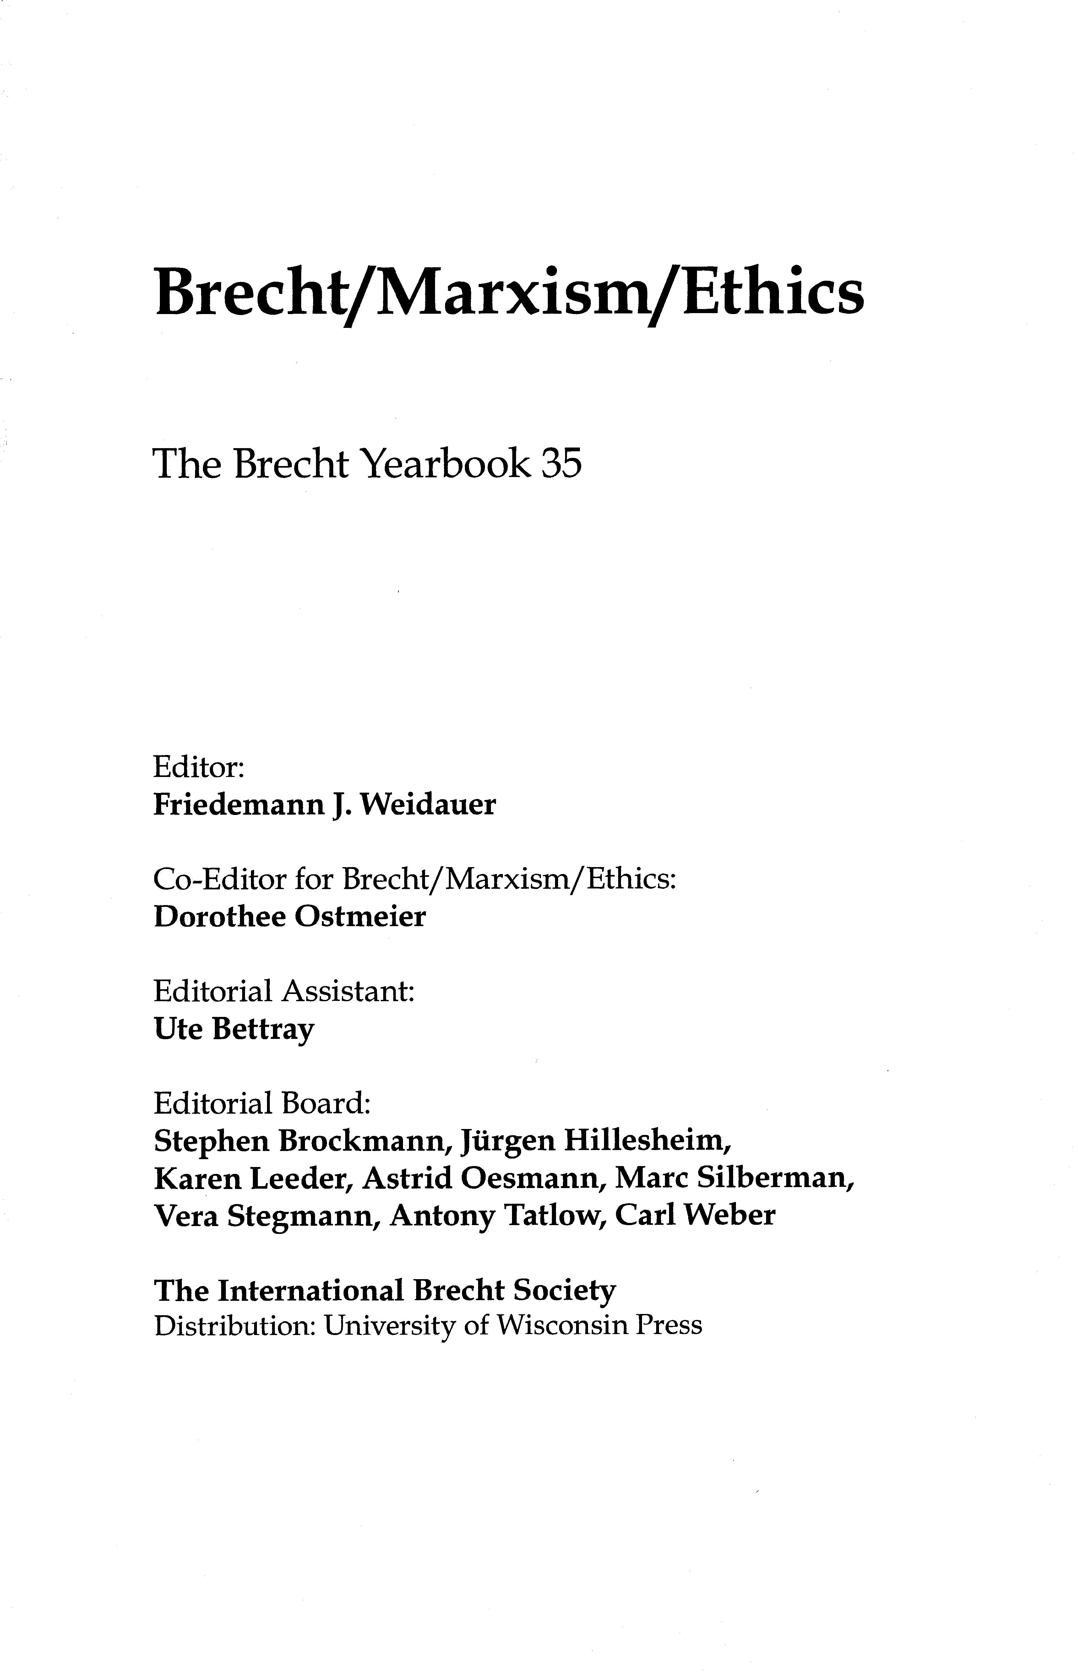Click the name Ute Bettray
tap(234, 1029)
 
